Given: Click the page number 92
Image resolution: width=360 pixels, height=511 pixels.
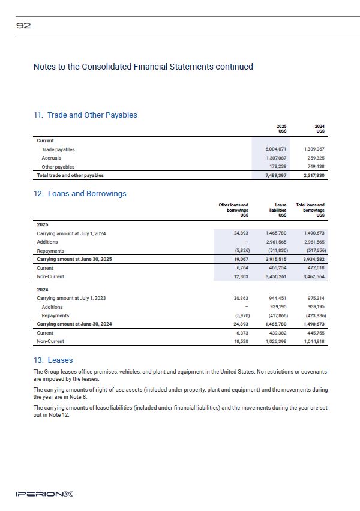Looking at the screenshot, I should point(24,26).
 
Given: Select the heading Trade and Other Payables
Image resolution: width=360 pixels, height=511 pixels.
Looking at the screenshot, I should point(85,115).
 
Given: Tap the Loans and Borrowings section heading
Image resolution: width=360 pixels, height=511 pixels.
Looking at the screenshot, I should point(80,194).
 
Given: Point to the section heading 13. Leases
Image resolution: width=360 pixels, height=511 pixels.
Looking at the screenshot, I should point(53,360).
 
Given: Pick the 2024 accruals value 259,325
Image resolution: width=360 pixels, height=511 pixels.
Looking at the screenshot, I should point(314,158).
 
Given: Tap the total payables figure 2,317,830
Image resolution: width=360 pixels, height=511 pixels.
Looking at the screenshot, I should point(313,175).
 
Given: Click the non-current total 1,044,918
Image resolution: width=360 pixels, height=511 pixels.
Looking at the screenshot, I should point(313,341).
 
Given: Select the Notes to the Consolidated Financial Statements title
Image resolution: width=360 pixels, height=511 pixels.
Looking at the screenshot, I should point(143,67).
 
